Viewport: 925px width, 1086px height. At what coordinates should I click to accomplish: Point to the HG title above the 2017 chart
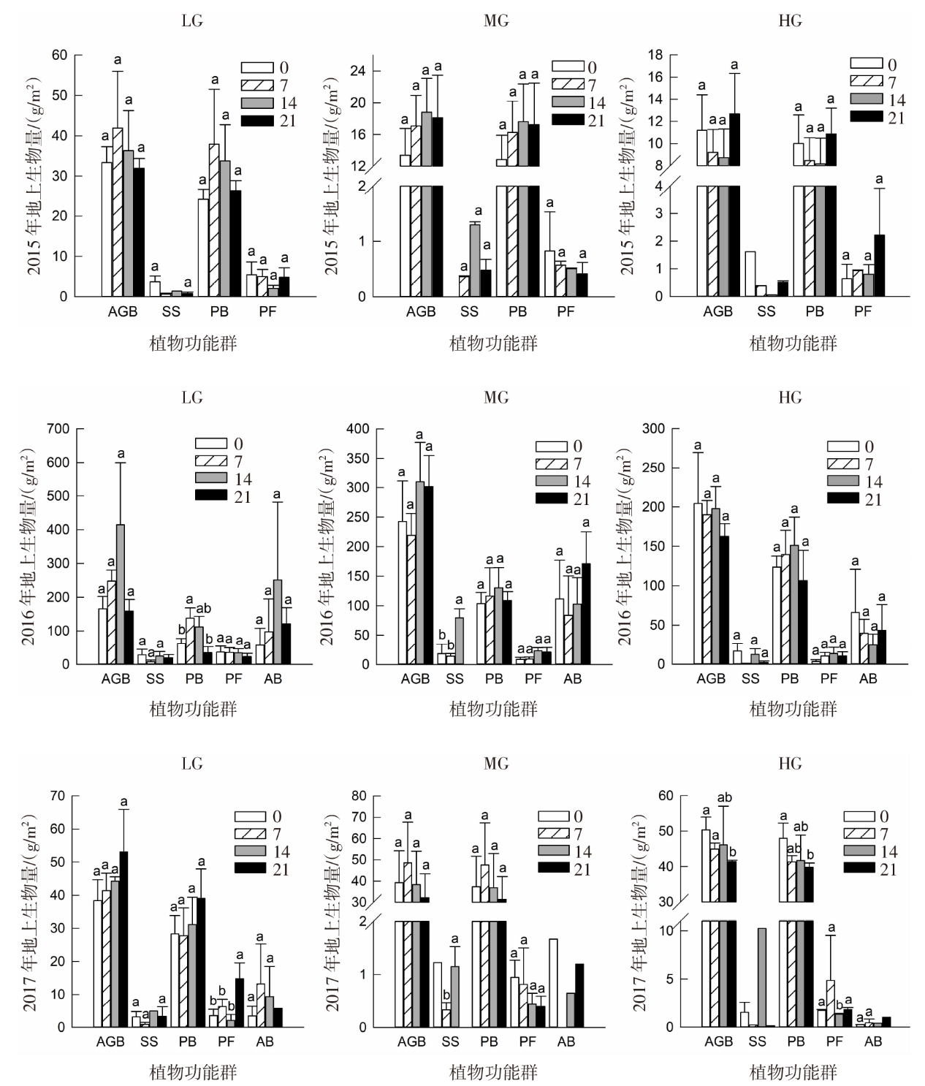point(790,764)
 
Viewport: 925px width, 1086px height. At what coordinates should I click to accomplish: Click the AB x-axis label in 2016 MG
point(572,679)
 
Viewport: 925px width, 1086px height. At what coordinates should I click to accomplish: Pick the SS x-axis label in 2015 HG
point(766,311)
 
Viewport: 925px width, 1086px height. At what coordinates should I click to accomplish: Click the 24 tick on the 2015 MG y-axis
point(378,72)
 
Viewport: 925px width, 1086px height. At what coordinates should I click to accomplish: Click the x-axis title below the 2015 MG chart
point(493,343)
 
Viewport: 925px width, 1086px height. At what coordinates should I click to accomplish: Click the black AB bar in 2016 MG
point(585,614)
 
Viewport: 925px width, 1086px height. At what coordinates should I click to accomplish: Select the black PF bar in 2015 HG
point(879,265)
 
